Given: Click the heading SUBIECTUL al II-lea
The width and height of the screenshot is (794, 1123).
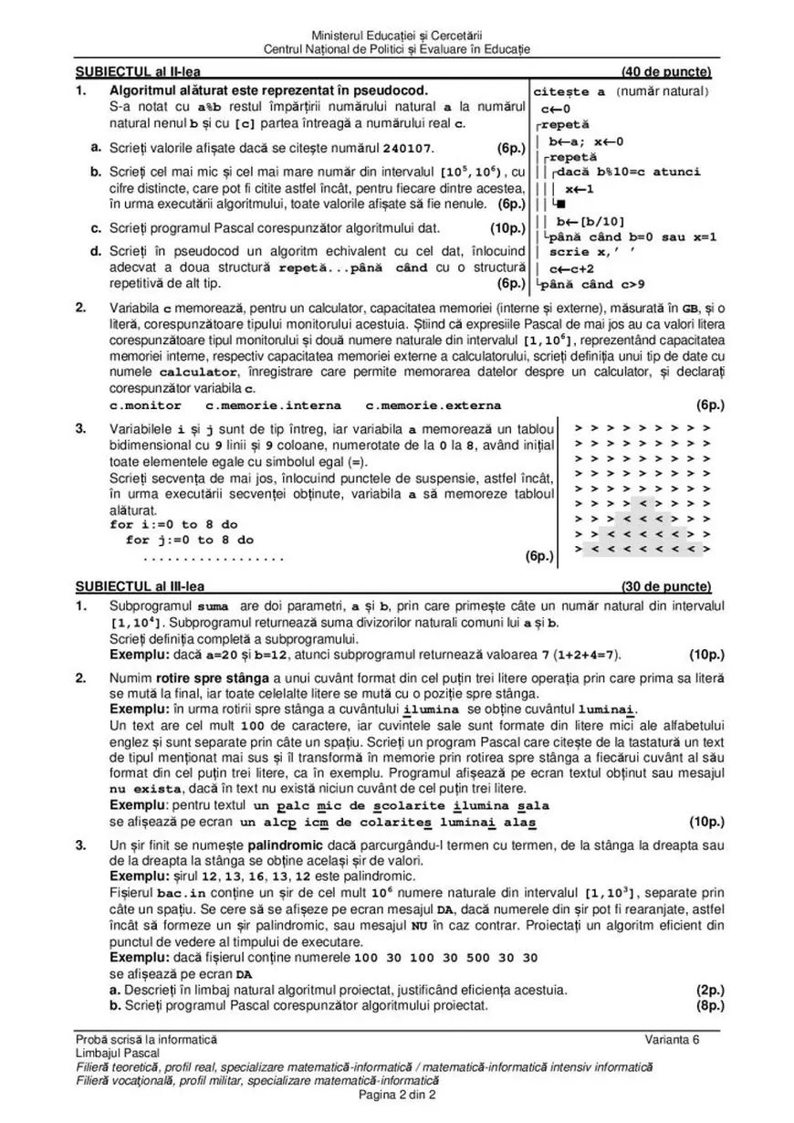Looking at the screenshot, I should coord(138,72).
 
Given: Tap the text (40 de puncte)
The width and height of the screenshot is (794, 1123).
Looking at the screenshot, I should coord(666,72).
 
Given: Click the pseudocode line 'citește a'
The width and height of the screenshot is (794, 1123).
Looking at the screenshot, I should coord(569,92).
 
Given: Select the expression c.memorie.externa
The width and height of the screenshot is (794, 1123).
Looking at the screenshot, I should coord(433,405).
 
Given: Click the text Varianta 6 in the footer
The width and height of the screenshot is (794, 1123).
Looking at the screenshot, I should coord(672,1041).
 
